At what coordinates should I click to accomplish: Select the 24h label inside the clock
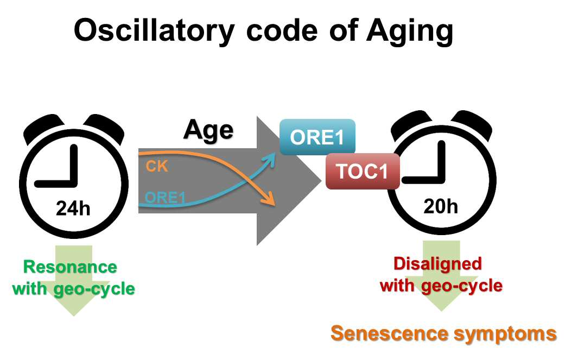click(x=73, y=209)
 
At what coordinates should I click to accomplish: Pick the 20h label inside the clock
click(x=441, y=206)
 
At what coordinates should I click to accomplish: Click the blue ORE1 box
click(x=317, y=137)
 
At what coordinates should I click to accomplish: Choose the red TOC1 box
click(x=362, y=171)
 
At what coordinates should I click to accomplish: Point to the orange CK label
click(x=157, y=166)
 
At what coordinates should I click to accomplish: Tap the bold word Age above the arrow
click(x=208, y=130)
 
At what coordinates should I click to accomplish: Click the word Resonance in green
click(x=70, y=267)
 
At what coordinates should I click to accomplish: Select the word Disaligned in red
click(x=438, y=263)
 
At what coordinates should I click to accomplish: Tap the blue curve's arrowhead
click(x=270, y=159)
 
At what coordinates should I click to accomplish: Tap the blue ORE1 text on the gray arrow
click(x=166, y=198)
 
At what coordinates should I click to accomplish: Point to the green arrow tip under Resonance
click(x=74, y=315)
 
